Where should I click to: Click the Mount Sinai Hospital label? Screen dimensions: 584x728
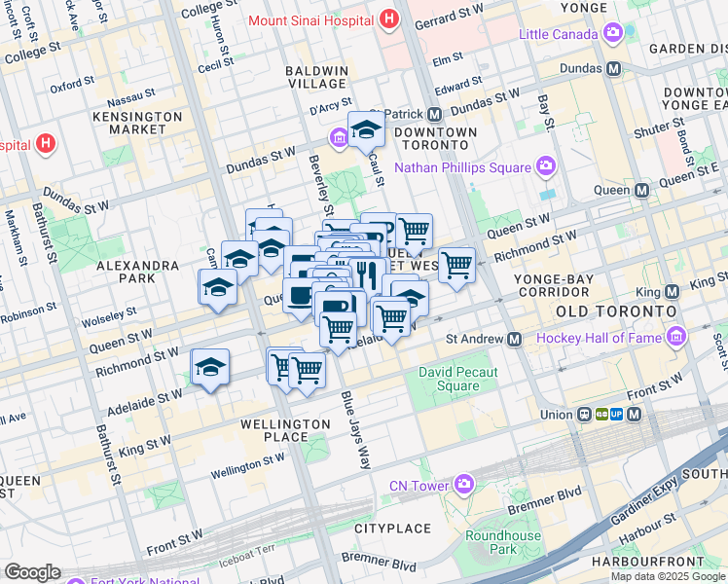311,20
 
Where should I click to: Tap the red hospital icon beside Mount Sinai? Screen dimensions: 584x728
389,18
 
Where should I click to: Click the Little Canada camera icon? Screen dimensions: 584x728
613,34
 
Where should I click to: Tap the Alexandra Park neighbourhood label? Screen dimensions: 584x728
137,272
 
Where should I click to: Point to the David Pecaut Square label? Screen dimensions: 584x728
450,379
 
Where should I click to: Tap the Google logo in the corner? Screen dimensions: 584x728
33,572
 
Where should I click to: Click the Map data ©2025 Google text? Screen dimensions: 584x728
668,576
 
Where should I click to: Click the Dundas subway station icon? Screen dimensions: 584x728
614,69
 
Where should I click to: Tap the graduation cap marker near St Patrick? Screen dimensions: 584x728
365,129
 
